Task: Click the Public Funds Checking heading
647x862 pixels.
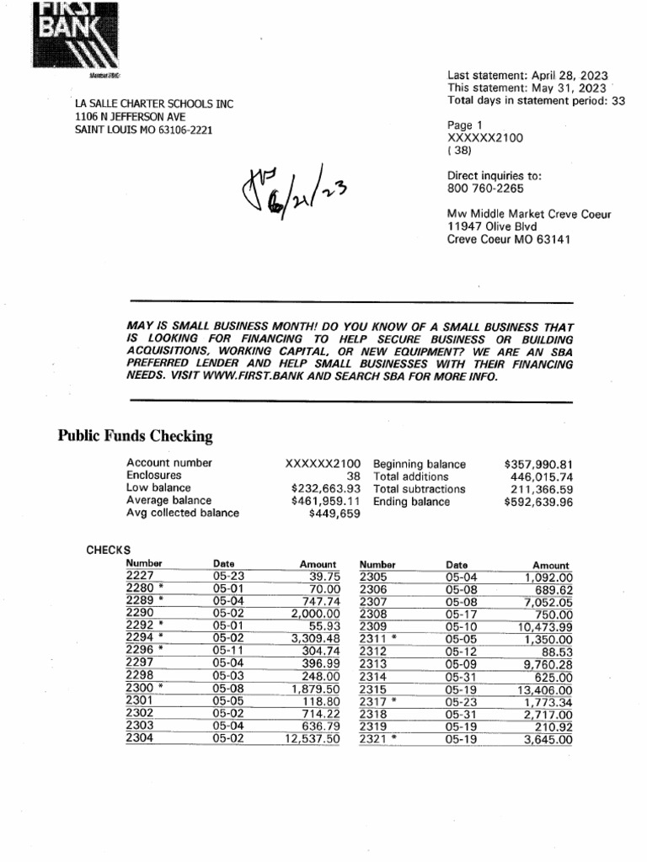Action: pyautogui.click(x=135, y=436)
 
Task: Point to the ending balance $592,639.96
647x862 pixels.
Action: pyautogui.click(x=538, y=502)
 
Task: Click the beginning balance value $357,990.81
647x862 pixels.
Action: pyautogui.click(x=538, y=464)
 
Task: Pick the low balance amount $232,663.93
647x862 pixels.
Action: pyautogui.click(x=325, y=488)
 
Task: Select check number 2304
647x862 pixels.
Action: pyautogui.click(x=140, y=739)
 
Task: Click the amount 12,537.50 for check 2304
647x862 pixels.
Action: pyautogui.click(x=312, y=739)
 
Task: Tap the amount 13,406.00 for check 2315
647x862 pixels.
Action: pyautogui.click(x=544, y=689)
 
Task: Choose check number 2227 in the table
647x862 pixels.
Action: pyautogui.click(x=140, y=576)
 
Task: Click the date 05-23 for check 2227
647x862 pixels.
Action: pyautogui.click(x=227, y=576)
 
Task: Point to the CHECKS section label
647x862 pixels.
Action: pyautogui.click(x=109, y=550)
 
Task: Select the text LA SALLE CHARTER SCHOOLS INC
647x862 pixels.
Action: pyautogui.click(x=155, y=104)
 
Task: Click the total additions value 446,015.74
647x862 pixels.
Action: pyautogui.click(x=542, y=476)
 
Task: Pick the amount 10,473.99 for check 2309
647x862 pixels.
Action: pyautogui.click(x=544, y=627)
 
